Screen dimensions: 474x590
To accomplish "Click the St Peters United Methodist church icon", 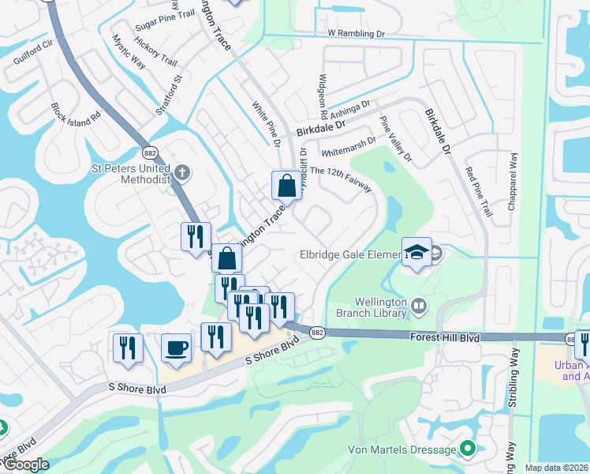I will (182, 171).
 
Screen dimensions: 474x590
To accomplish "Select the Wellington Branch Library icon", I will (418, 304).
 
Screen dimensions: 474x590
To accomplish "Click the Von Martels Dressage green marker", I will (467, 450).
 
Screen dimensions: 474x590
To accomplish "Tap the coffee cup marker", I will (176, 347).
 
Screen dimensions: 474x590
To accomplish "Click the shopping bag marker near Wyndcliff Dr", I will (286, 186).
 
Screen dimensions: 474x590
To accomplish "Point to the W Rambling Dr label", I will (356, 34).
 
